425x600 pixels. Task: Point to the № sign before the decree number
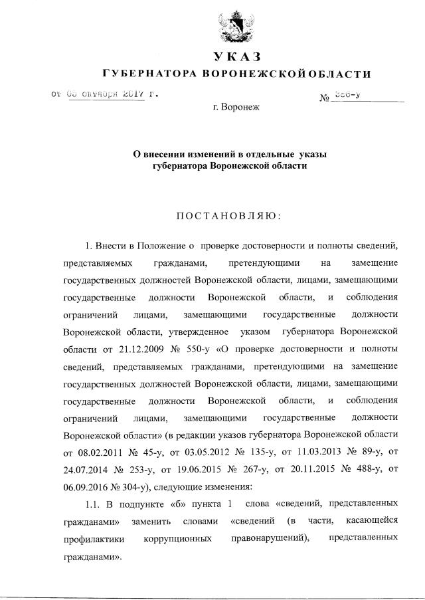tap(325, 98)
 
